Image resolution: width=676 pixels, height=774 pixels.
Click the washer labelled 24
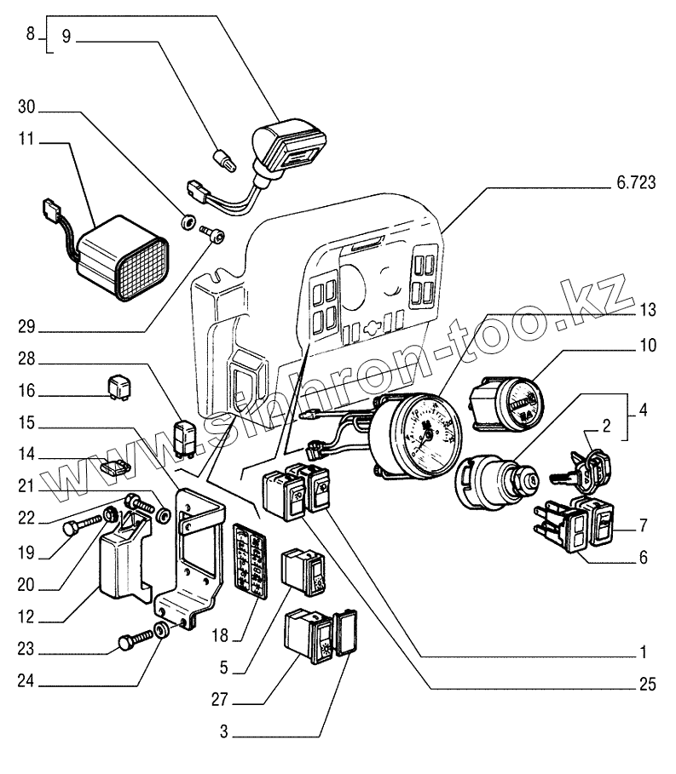(x=161, y=632)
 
